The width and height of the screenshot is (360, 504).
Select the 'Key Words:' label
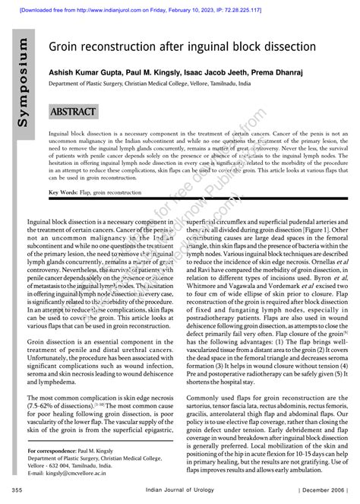(x=65, y=193)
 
